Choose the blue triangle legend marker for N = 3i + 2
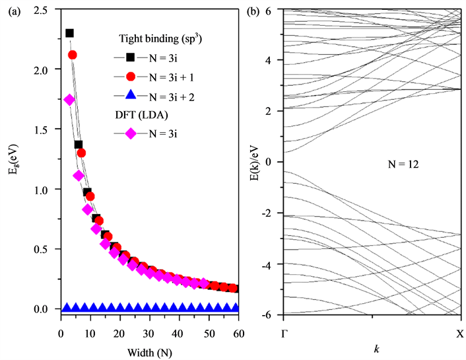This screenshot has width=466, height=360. [x=131, y=96]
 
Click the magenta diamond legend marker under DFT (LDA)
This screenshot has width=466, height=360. [x=131, y=134]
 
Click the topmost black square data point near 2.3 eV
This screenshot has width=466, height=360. [x=69, y=33]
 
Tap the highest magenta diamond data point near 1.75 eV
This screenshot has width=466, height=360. [x=69, y=100]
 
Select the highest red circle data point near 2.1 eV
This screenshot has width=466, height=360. [x=73, y=55]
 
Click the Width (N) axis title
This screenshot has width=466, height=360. [x=149, y=343]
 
